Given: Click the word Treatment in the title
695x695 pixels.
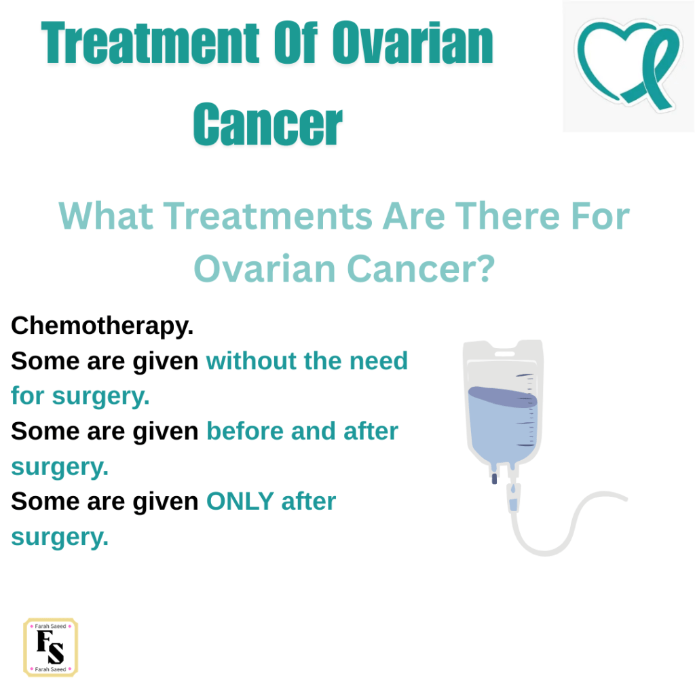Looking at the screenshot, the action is coord(150,43).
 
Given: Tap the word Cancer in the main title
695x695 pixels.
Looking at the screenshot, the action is coord(267,124).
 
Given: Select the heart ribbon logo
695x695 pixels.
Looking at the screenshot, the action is coord(628,64).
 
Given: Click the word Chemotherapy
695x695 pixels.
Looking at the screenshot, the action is coord(102,326).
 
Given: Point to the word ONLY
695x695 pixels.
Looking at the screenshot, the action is coord(240,502).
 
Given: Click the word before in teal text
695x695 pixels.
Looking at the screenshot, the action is coord(245,431).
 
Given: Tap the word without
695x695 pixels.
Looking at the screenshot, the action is coord(251,360).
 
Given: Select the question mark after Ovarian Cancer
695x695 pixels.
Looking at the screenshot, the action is coord(487,269).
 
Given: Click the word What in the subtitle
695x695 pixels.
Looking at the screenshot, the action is coord(106,216).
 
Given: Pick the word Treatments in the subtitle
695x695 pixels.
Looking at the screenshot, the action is coord(268,216).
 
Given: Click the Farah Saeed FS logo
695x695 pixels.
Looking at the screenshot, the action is coord(50,647).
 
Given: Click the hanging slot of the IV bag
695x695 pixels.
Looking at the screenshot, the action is coord(504,354).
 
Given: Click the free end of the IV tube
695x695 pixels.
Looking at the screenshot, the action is coord(626,499).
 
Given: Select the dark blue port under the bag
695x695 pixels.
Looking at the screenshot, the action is coord(494,478).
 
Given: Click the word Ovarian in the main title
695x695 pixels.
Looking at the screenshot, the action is coord(413,43).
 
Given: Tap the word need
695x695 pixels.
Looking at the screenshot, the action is coord(379,360).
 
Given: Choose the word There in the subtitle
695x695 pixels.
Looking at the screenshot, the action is coord(508,216).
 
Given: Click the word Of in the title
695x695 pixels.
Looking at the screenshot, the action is coord(296,43).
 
